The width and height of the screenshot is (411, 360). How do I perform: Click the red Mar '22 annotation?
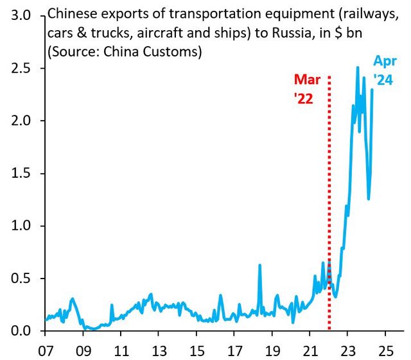click(x=306, y=89)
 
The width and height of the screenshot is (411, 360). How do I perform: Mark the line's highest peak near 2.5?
click(x=358, y=67)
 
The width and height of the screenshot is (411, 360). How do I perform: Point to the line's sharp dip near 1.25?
click(x=369, y=198)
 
